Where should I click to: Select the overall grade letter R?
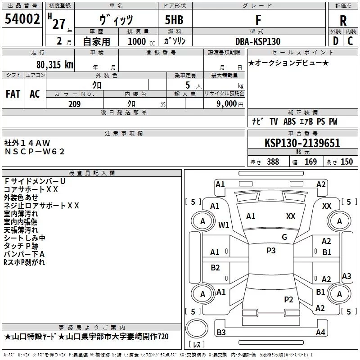(343, 21)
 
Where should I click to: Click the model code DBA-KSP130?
(258, 41)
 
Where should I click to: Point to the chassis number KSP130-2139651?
(302, 144)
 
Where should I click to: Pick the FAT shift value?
(13, 94)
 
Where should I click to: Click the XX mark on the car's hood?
(291, 216)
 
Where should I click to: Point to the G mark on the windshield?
(284, 237)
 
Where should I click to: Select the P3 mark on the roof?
(271, 251)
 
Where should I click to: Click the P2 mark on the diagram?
(288, 299)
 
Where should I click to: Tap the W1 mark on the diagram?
(224, 225)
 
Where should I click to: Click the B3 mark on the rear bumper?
(221, 333)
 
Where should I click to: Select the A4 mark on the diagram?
(320, 333)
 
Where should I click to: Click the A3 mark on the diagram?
(346, 276)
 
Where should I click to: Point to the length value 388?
(273, 162)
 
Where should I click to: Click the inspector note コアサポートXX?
(31, 189)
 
